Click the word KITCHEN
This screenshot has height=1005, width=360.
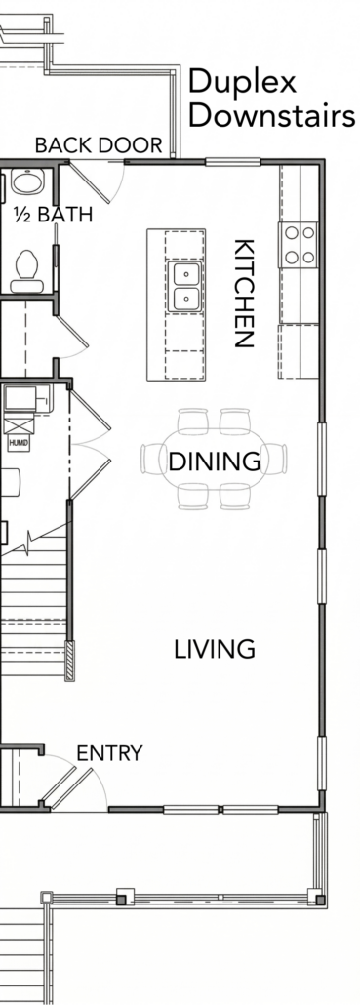coord(245,293)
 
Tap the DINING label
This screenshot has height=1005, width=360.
coord(215,461)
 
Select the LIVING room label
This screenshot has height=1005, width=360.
coord(215,649)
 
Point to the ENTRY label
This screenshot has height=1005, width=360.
coord(109,753)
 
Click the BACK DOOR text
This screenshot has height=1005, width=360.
coord(99,145)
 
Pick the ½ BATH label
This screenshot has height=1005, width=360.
coord(53,215)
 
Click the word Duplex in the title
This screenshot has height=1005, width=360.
coord(243,83)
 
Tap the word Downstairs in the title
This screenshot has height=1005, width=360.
coord(271,116)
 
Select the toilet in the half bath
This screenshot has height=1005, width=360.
coord(27,272)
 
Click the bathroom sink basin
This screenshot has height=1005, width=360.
coord(27,182)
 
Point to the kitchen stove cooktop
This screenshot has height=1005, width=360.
coord(298,244)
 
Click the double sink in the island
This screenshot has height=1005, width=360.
coord(185,286)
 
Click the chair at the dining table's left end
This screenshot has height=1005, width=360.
coord(151,459)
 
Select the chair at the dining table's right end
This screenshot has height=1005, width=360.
coord(276,459)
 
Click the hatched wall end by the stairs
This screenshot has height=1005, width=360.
coord(70,661)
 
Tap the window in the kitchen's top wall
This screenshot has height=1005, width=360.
coord(232,162)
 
